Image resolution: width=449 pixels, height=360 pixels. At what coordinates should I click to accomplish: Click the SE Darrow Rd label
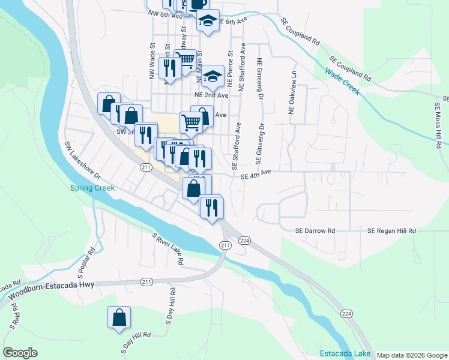pos(315,230)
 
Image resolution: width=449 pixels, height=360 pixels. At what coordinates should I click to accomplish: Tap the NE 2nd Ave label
pos(211,95)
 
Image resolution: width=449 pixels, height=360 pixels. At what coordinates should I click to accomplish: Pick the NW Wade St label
pos(152,57)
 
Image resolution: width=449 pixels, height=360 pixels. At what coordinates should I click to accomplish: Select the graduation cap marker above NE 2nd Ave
pos(212,76)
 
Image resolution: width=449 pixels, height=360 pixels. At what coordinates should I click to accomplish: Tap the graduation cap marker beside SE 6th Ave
pos(208,20)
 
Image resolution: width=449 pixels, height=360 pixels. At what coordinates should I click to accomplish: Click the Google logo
pos(20,353)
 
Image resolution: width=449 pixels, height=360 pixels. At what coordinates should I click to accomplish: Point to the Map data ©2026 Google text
pos(412,355)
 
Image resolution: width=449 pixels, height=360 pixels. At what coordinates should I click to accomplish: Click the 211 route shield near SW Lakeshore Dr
pos(146,168)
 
